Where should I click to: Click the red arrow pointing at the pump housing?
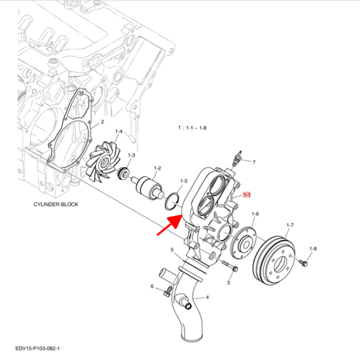click(169, 224)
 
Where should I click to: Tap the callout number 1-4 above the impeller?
click(118, 132)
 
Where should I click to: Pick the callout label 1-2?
click(157, 169)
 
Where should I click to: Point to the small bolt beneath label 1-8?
click(303, 263)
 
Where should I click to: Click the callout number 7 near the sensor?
click(253, 162)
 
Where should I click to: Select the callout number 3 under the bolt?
click(228, 284)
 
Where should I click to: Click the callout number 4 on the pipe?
click(208, 297)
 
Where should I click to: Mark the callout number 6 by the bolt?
click(151, 286)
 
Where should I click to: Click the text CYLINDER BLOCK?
click(55, 205)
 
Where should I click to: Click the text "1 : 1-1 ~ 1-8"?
click(192, 128)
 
